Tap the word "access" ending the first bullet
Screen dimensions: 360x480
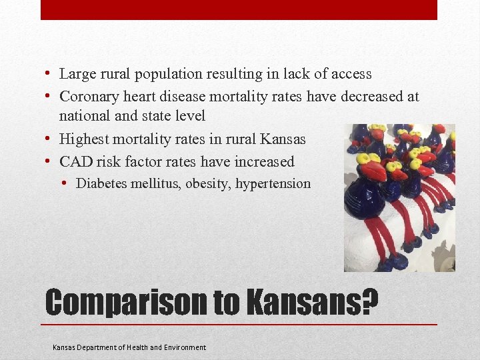click(349, 74)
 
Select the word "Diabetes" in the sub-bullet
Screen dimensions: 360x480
click(99, 183)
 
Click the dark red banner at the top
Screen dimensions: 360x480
click(239, 9)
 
